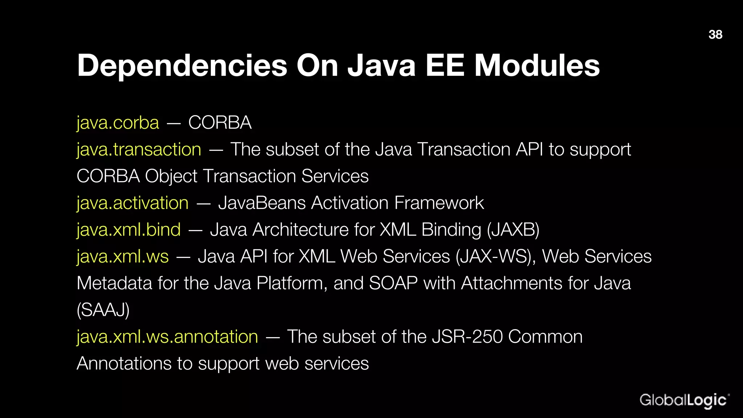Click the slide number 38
[x=715, y=34]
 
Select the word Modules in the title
[x=537, y=66]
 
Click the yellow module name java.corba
[x=118, y=123]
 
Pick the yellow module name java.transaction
[x=139, y=149]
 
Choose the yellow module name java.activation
[x=133, y=203]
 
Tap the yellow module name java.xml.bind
[x=129, y=230]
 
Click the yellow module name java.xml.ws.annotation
[x=167, y=337]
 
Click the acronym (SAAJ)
[x=103, y=310]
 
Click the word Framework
[x=439, y=203]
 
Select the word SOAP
[x=393, y=283]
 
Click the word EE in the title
[x=445, y=66]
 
